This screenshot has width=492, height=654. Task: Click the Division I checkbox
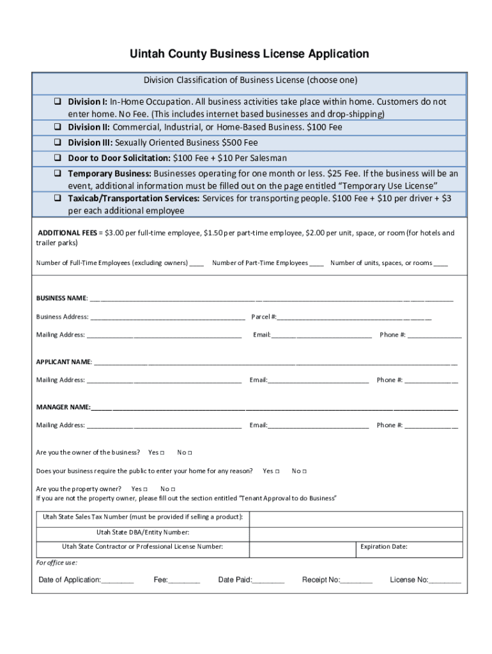click(57, 102)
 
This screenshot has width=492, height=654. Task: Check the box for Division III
click(57, 143)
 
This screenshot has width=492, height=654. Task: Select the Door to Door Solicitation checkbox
click(57, 158)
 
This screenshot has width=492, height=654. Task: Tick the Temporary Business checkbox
click(57, 174)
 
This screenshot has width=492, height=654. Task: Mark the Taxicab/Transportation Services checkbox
click(57, 199)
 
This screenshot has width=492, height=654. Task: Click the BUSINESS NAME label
click(61, 298)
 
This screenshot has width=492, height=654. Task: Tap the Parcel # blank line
click(355, 317)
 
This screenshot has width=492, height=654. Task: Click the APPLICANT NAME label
click(64, 362)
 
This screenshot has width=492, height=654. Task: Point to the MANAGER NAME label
click(63, 407)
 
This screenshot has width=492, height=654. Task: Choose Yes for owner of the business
click(162, 453)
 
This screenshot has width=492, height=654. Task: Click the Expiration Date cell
click(409, 547)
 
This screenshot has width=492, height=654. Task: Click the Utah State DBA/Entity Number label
click(142, 532)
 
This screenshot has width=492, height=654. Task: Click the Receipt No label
click(320, 580)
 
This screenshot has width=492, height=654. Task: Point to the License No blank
click(445, 581)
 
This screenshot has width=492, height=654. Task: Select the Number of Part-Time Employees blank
click(316, 263)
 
